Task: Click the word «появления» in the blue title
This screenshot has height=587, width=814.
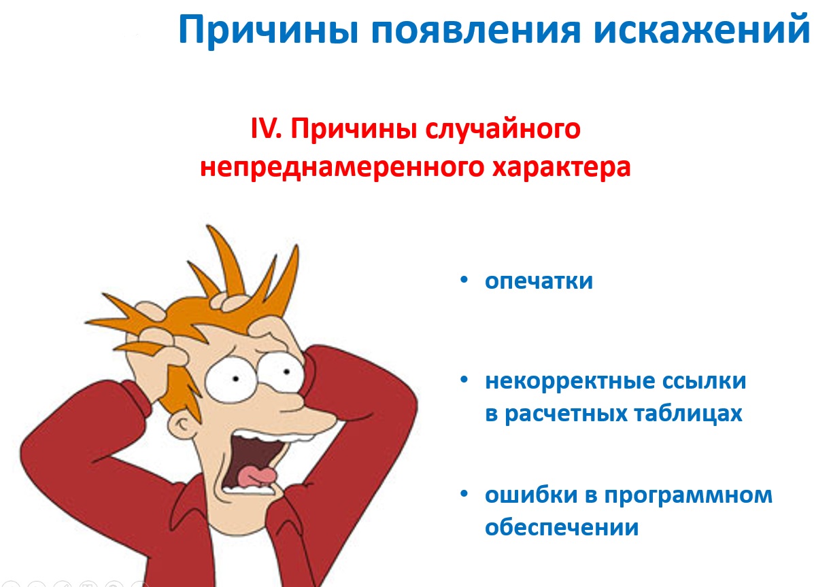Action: point(475,30)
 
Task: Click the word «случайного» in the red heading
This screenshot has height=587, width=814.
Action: point(503,128)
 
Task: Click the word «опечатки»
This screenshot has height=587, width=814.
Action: point(539,281)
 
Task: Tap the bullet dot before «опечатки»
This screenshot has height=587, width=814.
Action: point(464,280)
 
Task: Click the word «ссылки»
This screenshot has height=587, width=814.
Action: point(703,381)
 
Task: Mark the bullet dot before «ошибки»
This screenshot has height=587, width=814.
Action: point(464,494)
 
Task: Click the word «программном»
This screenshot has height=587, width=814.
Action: point(688,495)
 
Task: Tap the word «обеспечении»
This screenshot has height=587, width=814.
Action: point(562,527)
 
